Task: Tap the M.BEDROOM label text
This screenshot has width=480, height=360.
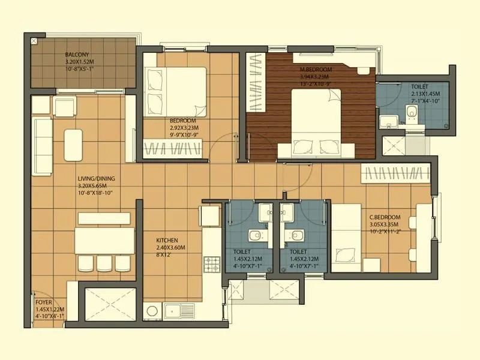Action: (x=316, y=70)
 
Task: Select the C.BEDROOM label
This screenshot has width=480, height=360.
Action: (x=385, y=217)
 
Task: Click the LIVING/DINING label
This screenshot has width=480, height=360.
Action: (x=96, y=179)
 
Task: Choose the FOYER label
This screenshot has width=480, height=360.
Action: (x=43, y=302)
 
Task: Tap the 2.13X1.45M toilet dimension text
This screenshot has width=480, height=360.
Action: (x=425, y=94)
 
